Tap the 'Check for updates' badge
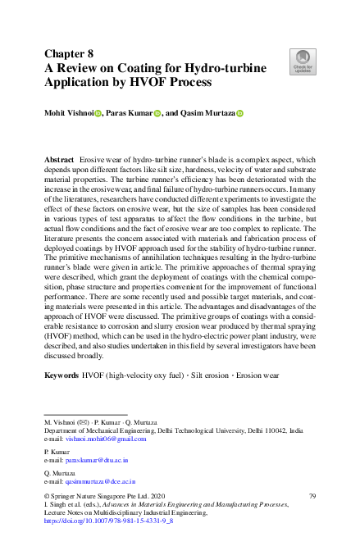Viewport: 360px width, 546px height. point(303,60)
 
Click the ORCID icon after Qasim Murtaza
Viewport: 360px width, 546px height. point(240,114)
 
